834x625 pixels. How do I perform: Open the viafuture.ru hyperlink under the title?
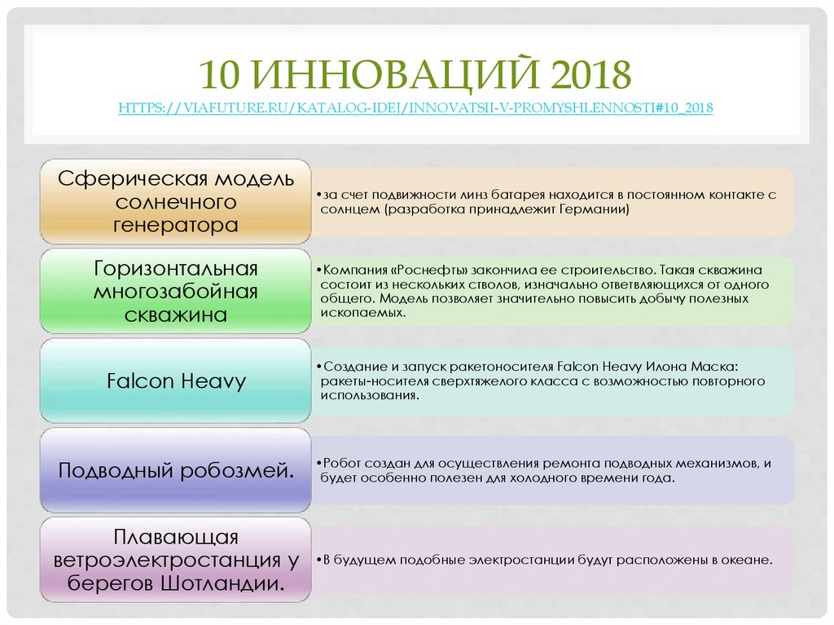coord(415,108)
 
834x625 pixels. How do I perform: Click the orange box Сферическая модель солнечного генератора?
coord(176,201)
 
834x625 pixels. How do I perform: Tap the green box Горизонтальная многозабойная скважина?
coord(176,291)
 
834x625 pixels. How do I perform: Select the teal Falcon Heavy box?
coord(176,381)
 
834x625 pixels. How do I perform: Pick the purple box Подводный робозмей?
coord(176,470)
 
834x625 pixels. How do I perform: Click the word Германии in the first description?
coord(594,209)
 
